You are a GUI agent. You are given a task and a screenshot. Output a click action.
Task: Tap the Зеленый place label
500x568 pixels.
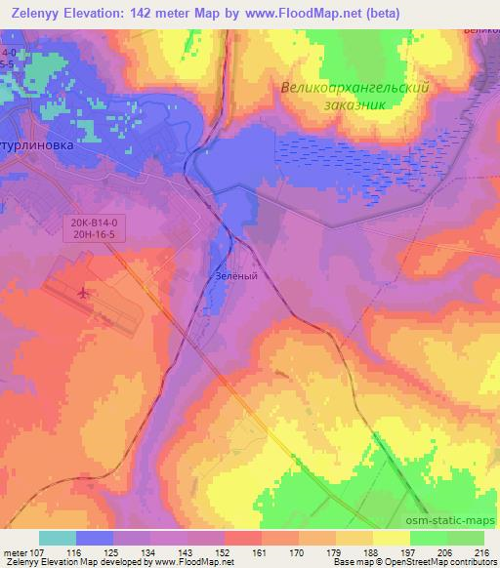(x=237, y=276)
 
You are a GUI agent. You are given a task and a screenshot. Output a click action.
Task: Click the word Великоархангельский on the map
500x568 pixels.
(x=354, y=87)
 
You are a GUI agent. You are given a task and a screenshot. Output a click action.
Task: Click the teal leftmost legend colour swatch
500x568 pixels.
(x=58, y=538)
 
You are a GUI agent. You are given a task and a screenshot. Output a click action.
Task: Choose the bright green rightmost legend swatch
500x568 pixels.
(x=466, y=538)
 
